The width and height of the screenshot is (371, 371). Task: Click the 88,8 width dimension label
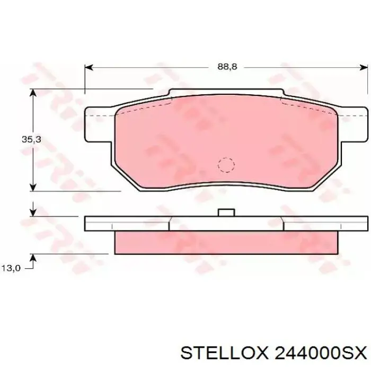(226, 67)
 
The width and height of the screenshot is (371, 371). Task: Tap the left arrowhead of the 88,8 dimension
(89, 67)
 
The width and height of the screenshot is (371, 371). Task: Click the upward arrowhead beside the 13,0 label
(33, 258)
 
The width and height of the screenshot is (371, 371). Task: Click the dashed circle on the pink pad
(226, 165)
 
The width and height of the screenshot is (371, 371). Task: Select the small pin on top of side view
(226, 213)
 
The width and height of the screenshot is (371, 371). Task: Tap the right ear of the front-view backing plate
(353, 125)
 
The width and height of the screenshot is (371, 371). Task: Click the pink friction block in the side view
(226, 243)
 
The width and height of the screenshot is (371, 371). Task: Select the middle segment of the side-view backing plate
(226, 224)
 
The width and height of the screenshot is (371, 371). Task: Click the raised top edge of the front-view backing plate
(226, 93)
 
